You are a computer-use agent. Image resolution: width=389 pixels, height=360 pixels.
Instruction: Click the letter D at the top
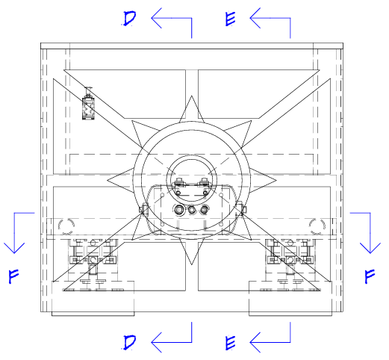130,19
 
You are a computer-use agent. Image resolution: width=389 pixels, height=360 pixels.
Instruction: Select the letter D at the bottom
130,342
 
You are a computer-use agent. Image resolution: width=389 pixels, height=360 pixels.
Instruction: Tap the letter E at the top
230,19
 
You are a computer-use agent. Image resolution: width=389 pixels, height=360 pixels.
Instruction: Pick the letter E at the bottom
230,343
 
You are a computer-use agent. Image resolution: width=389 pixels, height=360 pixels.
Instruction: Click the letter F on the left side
13,276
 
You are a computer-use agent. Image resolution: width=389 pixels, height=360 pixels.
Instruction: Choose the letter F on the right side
370,276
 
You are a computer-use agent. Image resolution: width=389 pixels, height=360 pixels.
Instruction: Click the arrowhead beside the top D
156,18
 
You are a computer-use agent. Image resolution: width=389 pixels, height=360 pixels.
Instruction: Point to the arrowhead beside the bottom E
255,342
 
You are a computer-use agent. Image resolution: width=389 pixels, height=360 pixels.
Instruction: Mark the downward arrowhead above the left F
14,248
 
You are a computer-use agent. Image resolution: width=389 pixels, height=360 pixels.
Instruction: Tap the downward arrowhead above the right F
370,248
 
